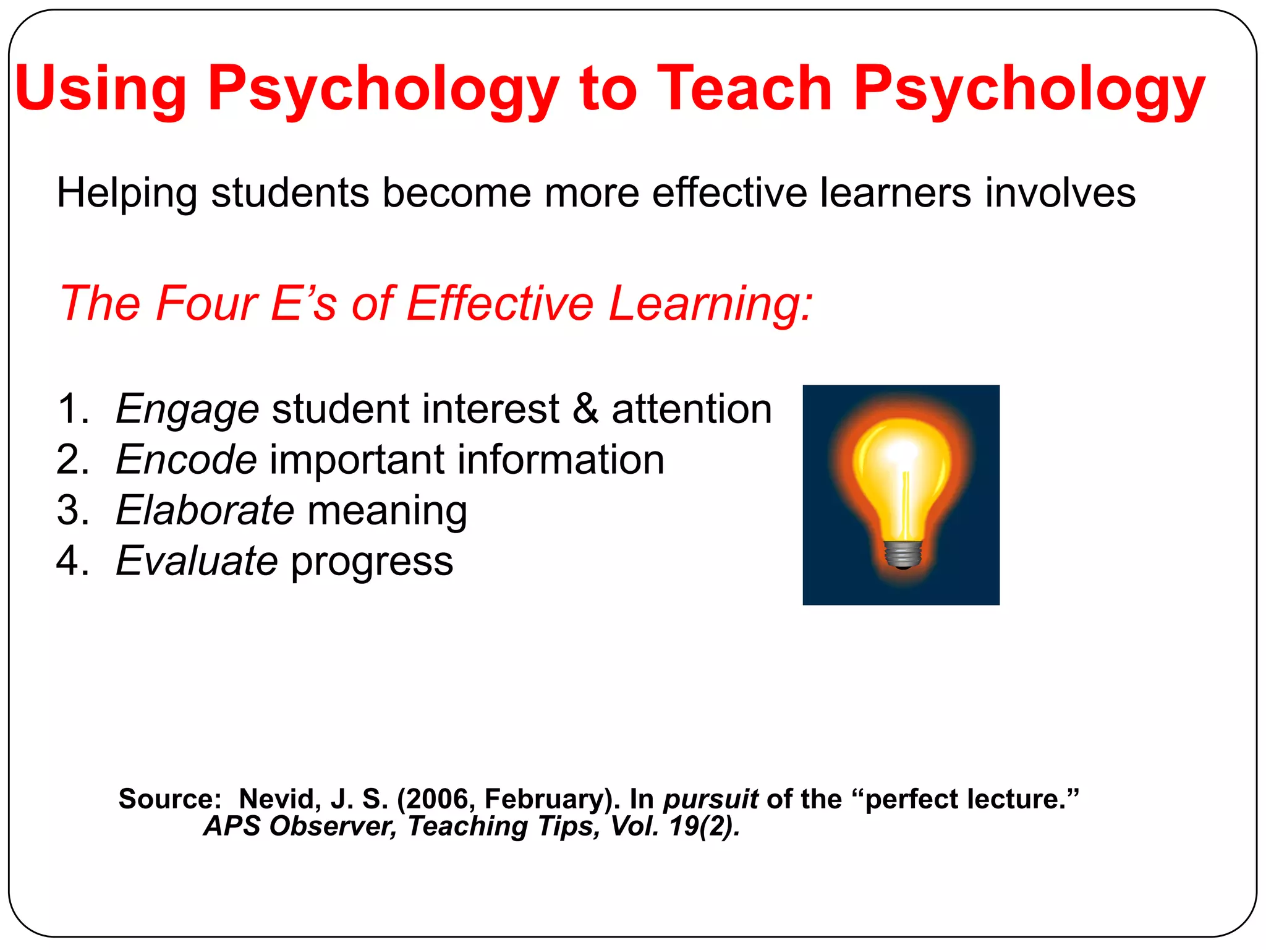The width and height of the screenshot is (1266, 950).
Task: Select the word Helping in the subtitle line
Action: click(x=126, y=193)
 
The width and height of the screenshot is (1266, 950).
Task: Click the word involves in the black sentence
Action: click(x=1060, y=192)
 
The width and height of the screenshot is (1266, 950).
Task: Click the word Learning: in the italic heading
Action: click(x=710, y=304)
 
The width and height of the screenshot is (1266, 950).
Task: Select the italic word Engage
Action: click(x=187, y=410)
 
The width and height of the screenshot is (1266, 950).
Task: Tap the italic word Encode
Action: click(x=186, y=460)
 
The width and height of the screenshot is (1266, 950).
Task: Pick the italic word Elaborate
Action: click(x=205, y=511)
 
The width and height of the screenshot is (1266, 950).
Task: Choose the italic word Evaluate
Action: click(x=197, y=562)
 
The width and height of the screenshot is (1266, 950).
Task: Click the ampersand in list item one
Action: click(x=585, y=409)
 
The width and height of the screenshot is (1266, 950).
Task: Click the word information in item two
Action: click(x=559, y=460)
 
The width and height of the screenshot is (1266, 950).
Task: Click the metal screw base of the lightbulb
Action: click(x=903, y=554)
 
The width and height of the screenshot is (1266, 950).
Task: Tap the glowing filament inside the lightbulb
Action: click(x=906, y=501)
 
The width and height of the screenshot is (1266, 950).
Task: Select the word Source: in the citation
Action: click(x=170, y=799)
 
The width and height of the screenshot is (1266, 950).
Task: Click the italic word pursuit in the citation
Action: click(x=710, y=800)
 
